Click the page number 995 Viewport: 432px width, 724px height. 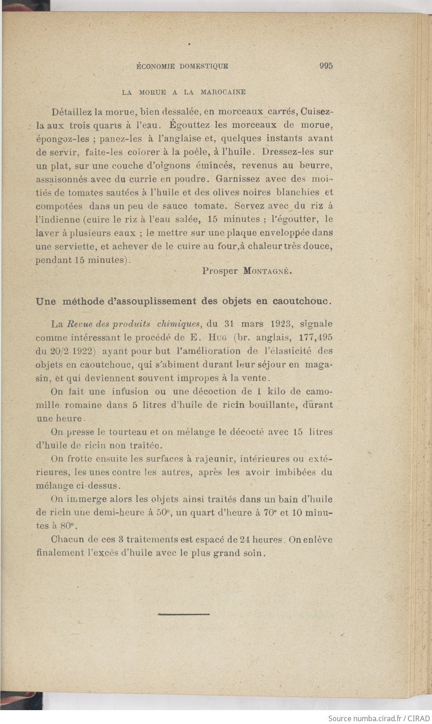326,66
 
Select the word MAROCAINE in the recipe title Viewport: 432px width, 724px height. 223,92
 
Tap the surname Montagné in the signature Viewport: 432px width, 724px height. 266,271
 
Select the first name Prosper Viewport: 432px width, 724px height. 220,271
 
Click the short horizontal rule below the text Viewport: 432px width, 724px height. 184,614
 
